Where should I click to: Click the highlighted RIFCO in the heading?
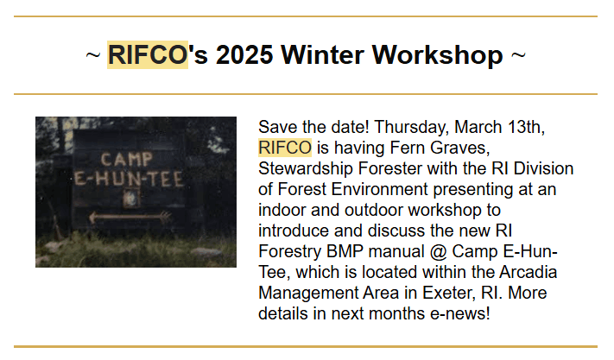point(148,54)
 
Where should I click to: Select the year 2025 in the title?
point(244,54)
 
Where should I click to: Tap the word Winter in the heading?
point(322,54)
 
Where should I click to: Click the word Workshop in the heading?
point(437,55)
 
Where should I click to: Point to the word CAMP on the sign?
point(126,159)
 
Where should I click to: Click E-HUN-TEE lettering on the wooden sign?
point(129,179)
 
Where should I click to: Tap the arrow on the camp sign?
point(130,217)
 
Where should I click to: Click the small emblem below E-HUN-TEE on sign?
point(130,199)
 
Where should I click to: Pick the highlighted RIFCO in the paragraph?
point(285,148)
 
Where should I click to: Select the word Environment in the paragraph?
point(379,189)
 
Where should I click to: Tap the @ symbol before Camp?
point(438,252)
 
